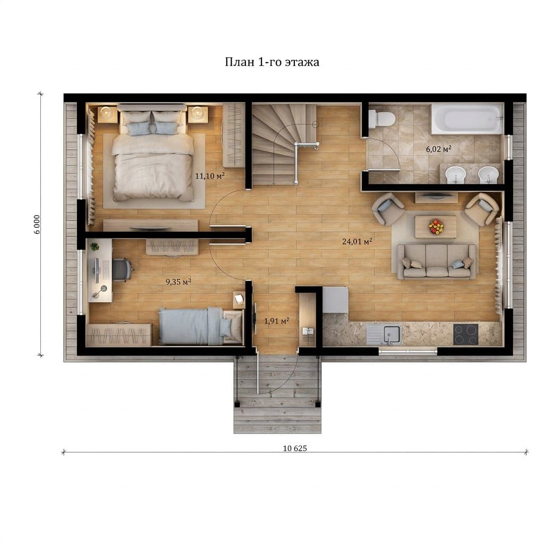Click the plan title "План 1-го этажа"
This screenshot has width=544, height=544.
pyautogui.click(x=272, y=63)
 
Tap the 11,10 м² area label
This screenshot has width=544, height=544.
pyautogui.click(x=210, y=176)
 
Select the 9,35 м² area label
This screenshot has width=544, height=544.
pyautogui.click(x=178, y=282)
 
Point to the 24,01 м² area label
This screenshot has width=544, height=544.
pyautogui.click(x=358, y=241)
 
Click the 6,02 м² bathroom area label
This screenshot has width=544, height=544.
pyautogui.click(x=438, y=149)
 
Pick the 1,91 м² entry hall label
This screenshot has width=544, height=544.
pyautogui.click(x=276, y=321)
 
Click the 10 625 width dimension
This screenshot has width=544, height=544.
pyautogui.click(x=295, y=448)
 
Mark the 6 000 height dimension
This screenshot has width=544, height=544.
pyautogui.click(x=37, y=225)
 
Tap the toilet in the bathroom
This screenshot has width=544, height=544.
pyautogui.click(x=381, y=119)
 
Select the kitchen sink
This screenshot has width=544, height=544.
pyautogui.click(x=384, y=335)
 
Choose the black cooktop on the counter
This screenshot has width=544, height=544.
pyautogui.click(x=465, y=334)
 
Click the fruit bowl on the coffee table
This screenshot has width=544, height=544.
pyautogui.click(x=436, y=226)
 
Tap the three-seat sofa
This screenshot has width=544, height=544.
pyautogui.click(x=437, y=261)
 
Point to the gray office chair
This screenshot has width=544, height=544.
pyautogui.click(x=122, y=269)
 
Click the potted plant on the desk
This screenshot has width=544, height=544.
pyautogui.click(x=95, y=246)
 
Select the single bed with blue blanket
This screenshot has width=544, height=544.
pyautogui.click(x=200, y=326)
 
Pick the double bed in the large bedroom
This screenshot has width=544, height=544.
pyautogui.click(x=153, y=155)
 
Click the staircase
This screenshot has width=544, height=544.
pyautogui.click(x=284, y=145)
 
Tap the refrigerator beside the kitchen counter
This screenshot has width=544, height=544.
pyautogui.click(x=336, y=300)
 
